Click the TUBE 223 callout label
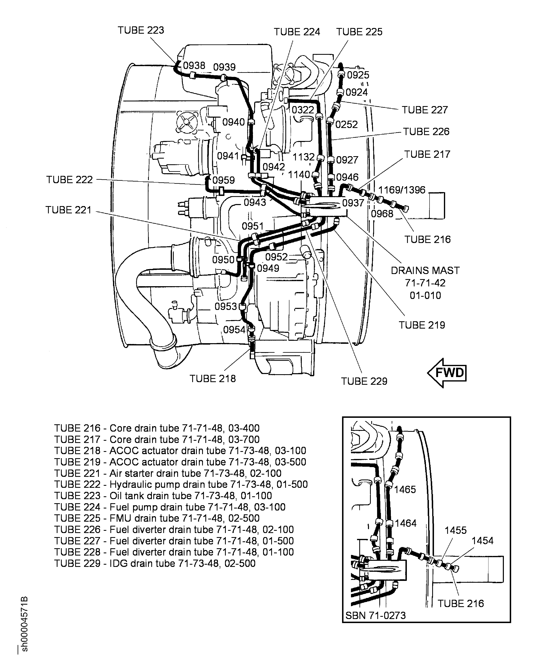point(141,30)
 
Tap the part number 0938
point(194,66)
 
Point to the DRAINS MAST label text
point(425,270)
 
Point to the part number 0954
point(234,330)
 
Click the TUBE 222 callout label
point(69,179)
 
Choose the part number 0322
point(303,110)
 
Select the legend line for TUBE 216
point(157,428)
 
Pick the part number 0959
point(224,180)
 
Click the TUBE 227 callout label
point(424,110)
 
